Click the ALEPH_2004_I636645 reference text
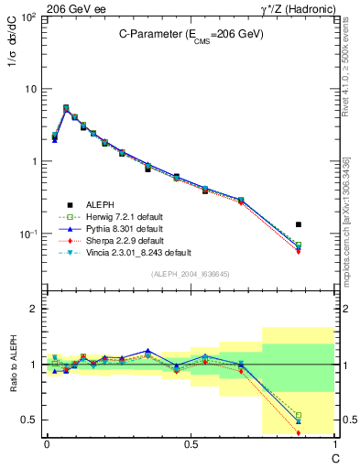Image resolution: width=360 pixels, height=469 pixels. coord(191,275)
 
